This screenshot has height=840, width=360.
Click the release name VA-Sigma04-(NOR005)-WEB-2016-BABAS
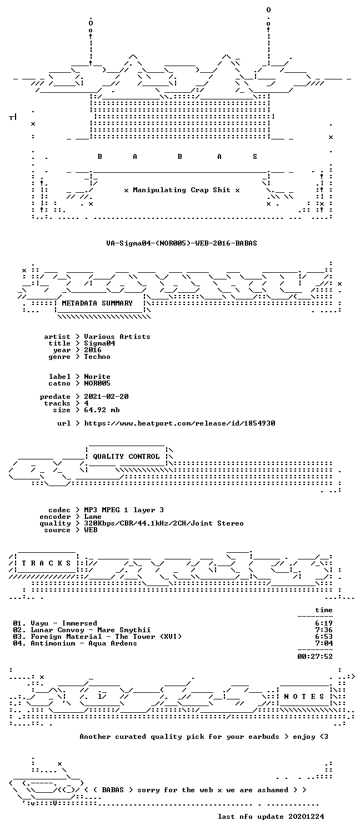[x=182, y=243]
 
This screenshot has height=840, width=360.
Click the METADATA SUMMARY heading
[x=97, y=303]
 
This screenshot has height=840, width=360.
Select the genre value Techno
[x=97, y=357]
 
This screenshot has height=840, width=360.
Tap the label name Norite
[x=97, y=377]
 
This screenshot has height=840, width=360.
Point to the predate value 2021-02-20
[x=106, y=396]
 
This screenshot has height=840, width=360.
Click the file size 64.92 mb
[x=102, y=410]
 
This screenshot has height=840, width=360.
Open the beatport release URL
[x=179, y=423]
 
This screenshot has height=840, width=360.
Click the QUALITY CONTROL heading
[x=126, y=456]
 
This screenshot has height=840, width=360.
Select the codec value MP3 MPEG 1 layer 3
[x=124, y=509]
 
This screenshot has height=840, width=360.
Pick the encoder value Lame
[x=93, y=516]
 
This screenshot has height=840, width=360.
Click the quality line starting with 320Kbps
[x=164, y=523]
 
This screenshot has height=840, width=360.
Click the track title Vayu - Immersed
[x=64, y=623]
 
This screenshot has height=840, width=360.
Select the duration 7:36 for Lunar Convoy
[x=324, y=630]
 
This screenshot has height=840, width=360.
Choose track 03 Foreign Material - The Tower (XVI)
[x=97, y=637]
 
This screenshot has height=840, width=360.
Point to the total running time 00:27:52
[x=314, y=657]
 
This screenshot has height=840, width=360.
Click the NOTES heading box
[x=304, y=696]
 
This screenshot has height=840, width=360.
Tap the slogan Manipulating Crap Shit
[x=182, y=190]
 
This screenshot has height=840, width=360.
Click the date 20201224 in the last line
[x=306, y=816]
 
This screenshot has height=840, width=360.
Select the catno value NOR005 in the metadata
[x=97, y=383]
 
